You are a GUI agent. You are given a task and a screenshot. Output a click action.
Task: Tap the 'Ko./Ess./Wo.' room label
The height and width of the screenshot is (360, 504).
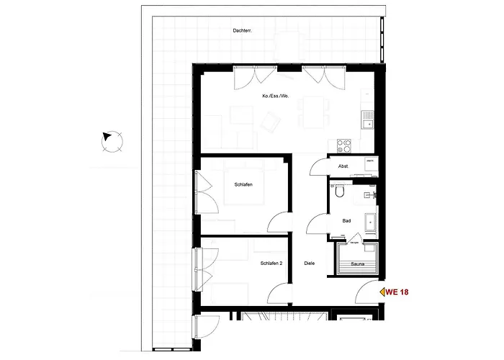pyautogui.click(x=276, y=96)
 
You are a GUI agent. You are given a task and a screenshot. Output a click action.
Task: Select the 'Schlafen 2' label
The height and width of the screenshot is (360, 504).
pyautogui.click(x=271, y=264)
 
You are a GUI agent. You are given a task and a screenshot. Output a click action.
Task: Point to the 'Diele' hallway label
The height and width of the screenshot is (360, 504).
pyautogui.click(x=310, y=264)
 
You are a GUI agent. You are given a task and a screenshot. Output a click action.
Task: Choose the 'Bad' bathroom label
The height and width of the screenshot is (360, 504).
pyautogui.click(x=346, y=221)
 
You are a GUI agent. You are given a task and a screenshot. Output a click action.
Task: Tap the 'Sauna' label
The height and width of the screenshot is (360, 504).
pyautogui.click(x=358, y=264)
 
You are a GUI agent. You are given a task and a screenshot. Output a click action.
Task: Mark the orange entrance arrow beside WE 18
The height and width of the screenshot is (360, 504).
pyautogui.click(x=382, y=292)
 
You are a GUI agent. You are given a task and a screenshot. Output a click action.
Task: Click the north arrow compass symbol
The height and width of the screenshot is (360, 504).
pyautogui.click(x=112, y=140)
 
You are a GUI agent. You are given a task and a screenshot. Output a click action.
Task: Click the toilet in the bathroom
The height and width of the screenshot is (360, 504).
pyautogui.click(x=341, y=193)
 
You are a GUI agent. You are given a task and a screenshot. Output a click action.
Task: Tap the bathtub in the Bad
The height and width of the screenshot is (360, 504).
pyautogui.click(x=371, y=223)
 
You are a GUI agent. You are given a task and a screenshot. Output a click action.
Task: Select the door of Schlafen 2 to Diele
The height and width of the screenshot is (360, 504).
pyautogui.click(x=279, y=291)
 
